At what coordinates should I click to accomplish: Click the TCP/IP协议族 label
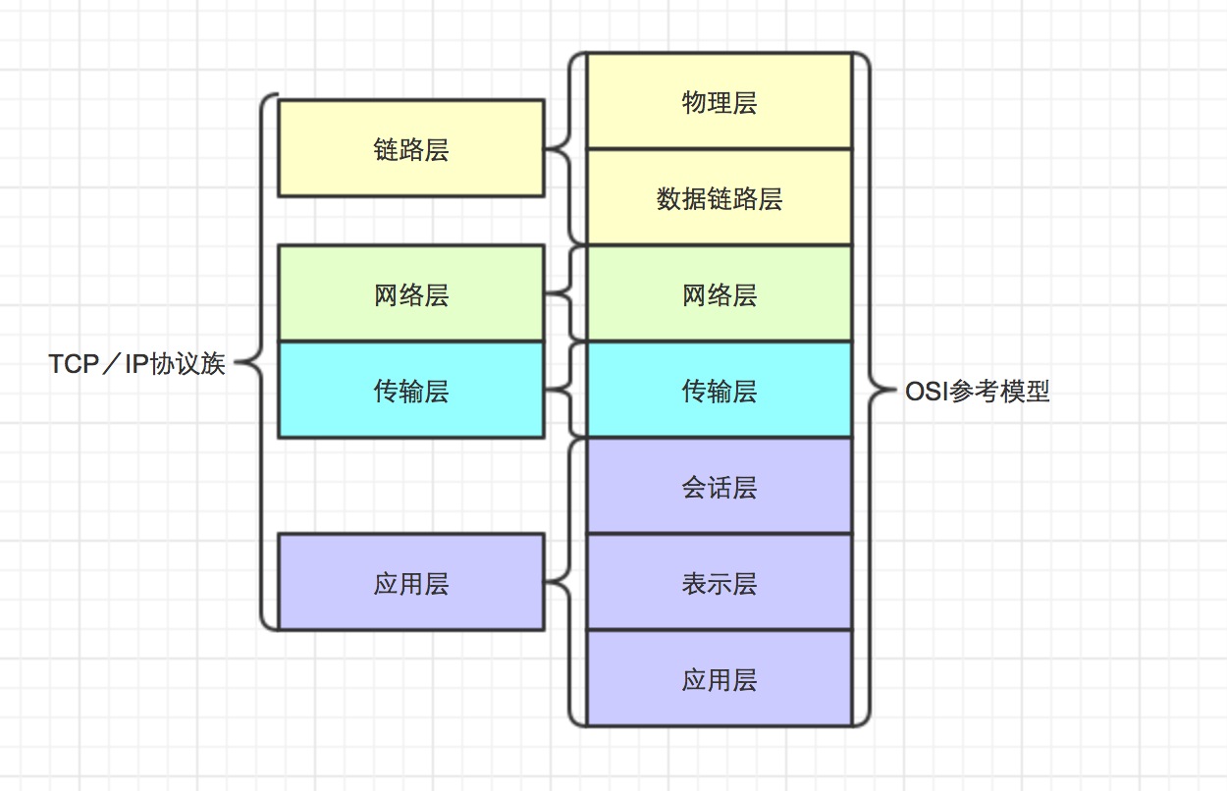[137, 364]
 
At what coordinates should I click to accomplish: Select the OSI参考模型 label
[978, 392]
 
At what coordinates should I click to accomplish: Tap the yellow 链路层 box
[410, 148]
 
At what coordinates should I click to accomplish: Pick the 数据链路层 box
[719, 197]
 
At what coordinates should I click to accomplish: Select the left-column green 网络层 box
[410, 293]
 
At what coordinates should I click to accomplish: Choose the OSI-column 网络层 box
[719, 293]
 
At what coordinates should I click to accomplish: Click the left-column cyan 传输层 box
[410, 391]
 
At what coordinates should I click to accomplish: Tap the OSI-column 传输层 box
[719, 391]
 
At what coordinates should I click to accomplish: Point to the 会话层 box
[719, 487]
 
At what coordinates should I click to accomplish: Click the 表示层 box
[719, 583]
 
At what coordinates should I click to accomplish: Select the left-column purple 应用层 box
[410, 583]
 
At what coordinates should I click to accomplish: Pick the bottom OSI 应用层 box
[719, 679]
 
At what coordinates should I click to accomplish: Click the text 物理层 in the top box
[719, 103]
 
